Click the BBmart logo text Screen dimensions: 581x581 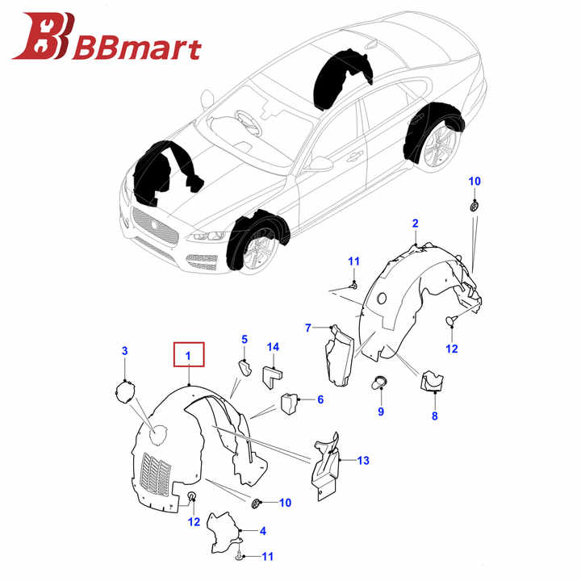pyautogui.click(x=137, y=48)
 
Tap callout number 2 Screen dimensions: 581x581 pyautogui.click(x=415, y=224)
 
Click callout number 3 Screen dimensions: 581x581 pyautogui.click(x=125, y=350)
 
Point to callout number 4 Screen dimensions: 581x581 pyautogui.click(x=263, y=531)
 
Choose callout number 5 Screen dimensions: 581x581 pyautogui.click(x=245, y=340)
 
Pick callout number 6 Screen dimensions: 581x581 pyautogui.click(x=320, y=399)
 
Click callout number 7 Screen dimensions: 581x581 pyautogui.click(x=308, y=328)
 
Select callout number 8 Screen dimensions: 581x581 pyautogui.click(x=435, y=416)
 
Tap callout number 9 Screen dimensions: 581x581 pyautogui.click(x=381, y=412)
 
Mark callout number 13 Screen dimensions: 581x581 pyautogui.click(x=363, y=460)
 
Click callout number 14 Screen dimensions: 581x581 pyautogui.click(x=273, y=347)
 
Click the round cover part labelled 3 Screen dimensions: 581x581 pyautogui.click(x=125, y=392)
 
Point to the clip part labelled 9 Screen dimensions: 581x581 pyautogui.click(x=378, y=382)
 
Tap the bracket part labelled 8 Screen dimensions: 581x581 pyautogui.click(x=432, y=381)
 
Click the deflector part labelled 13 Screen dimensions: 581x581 pyautogui.click(x=325, y=466)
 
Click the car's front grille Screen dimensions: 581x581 pyautogui.click(x=156, y=225)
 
